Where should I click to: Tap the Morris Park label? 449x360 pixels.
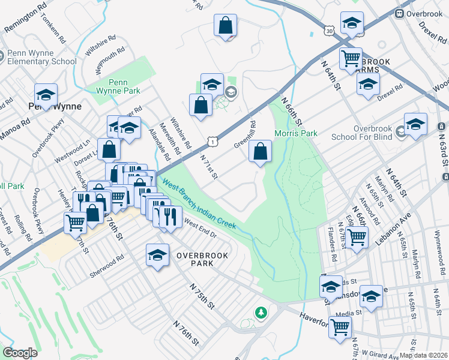point(295,133)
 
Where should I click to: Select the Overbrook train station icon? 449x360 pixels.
point(399,13)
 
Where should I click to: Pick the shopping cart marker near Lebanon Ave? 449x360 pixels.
point(357,236)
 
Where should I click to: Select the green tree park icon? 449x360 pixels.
point(261,312)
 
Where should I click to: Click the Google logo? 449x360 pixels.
point(20,353)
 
